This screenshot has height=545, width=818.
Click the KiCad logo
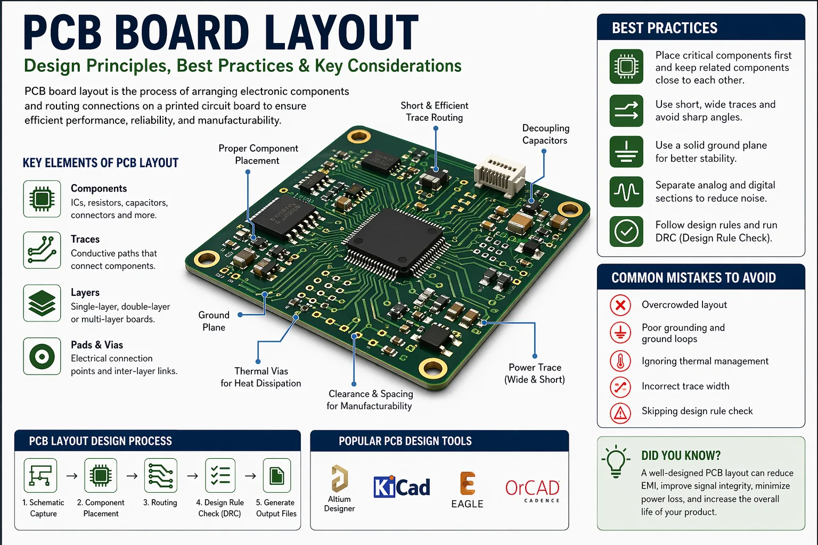(x=402, y=487)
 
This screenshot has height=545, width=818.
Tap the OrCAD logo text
(x=532, y=488)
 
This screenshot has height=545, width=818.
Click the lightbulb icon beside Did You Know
(x=616, y=461)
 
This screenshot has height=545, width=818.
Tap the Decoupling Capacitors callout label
(x=545, y=134)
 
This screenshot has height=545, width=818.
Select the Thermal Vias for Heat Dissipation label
(x=261, y=377)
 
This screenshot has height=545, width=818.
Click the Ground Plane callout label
(x=214, y=321)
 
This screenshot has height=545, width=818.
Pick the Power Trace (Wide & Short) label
(x=535, y=373)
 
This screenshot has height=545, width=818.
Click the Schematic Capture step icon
(x=40, y=475)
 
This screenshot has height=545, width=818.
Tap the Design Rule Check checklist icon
(x=220, y=475)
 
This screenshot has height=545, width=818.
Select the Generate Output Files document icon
(x=276, y=475)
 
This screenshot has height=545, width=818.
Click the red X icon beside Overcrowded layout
(x=620, y=305)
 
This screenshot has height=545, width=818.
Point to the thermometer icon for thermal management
(x=620, y=361)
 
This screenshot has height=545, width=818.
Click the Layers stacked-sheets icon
(x=42, y=303)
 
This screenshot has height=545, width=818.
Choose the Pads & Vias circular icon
(x=42, y=356)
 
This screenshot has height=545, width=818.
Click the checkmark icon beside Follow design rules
(x=626, y=232)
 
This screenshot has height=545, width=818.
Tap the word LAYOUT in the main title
(x=341, y=33)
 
